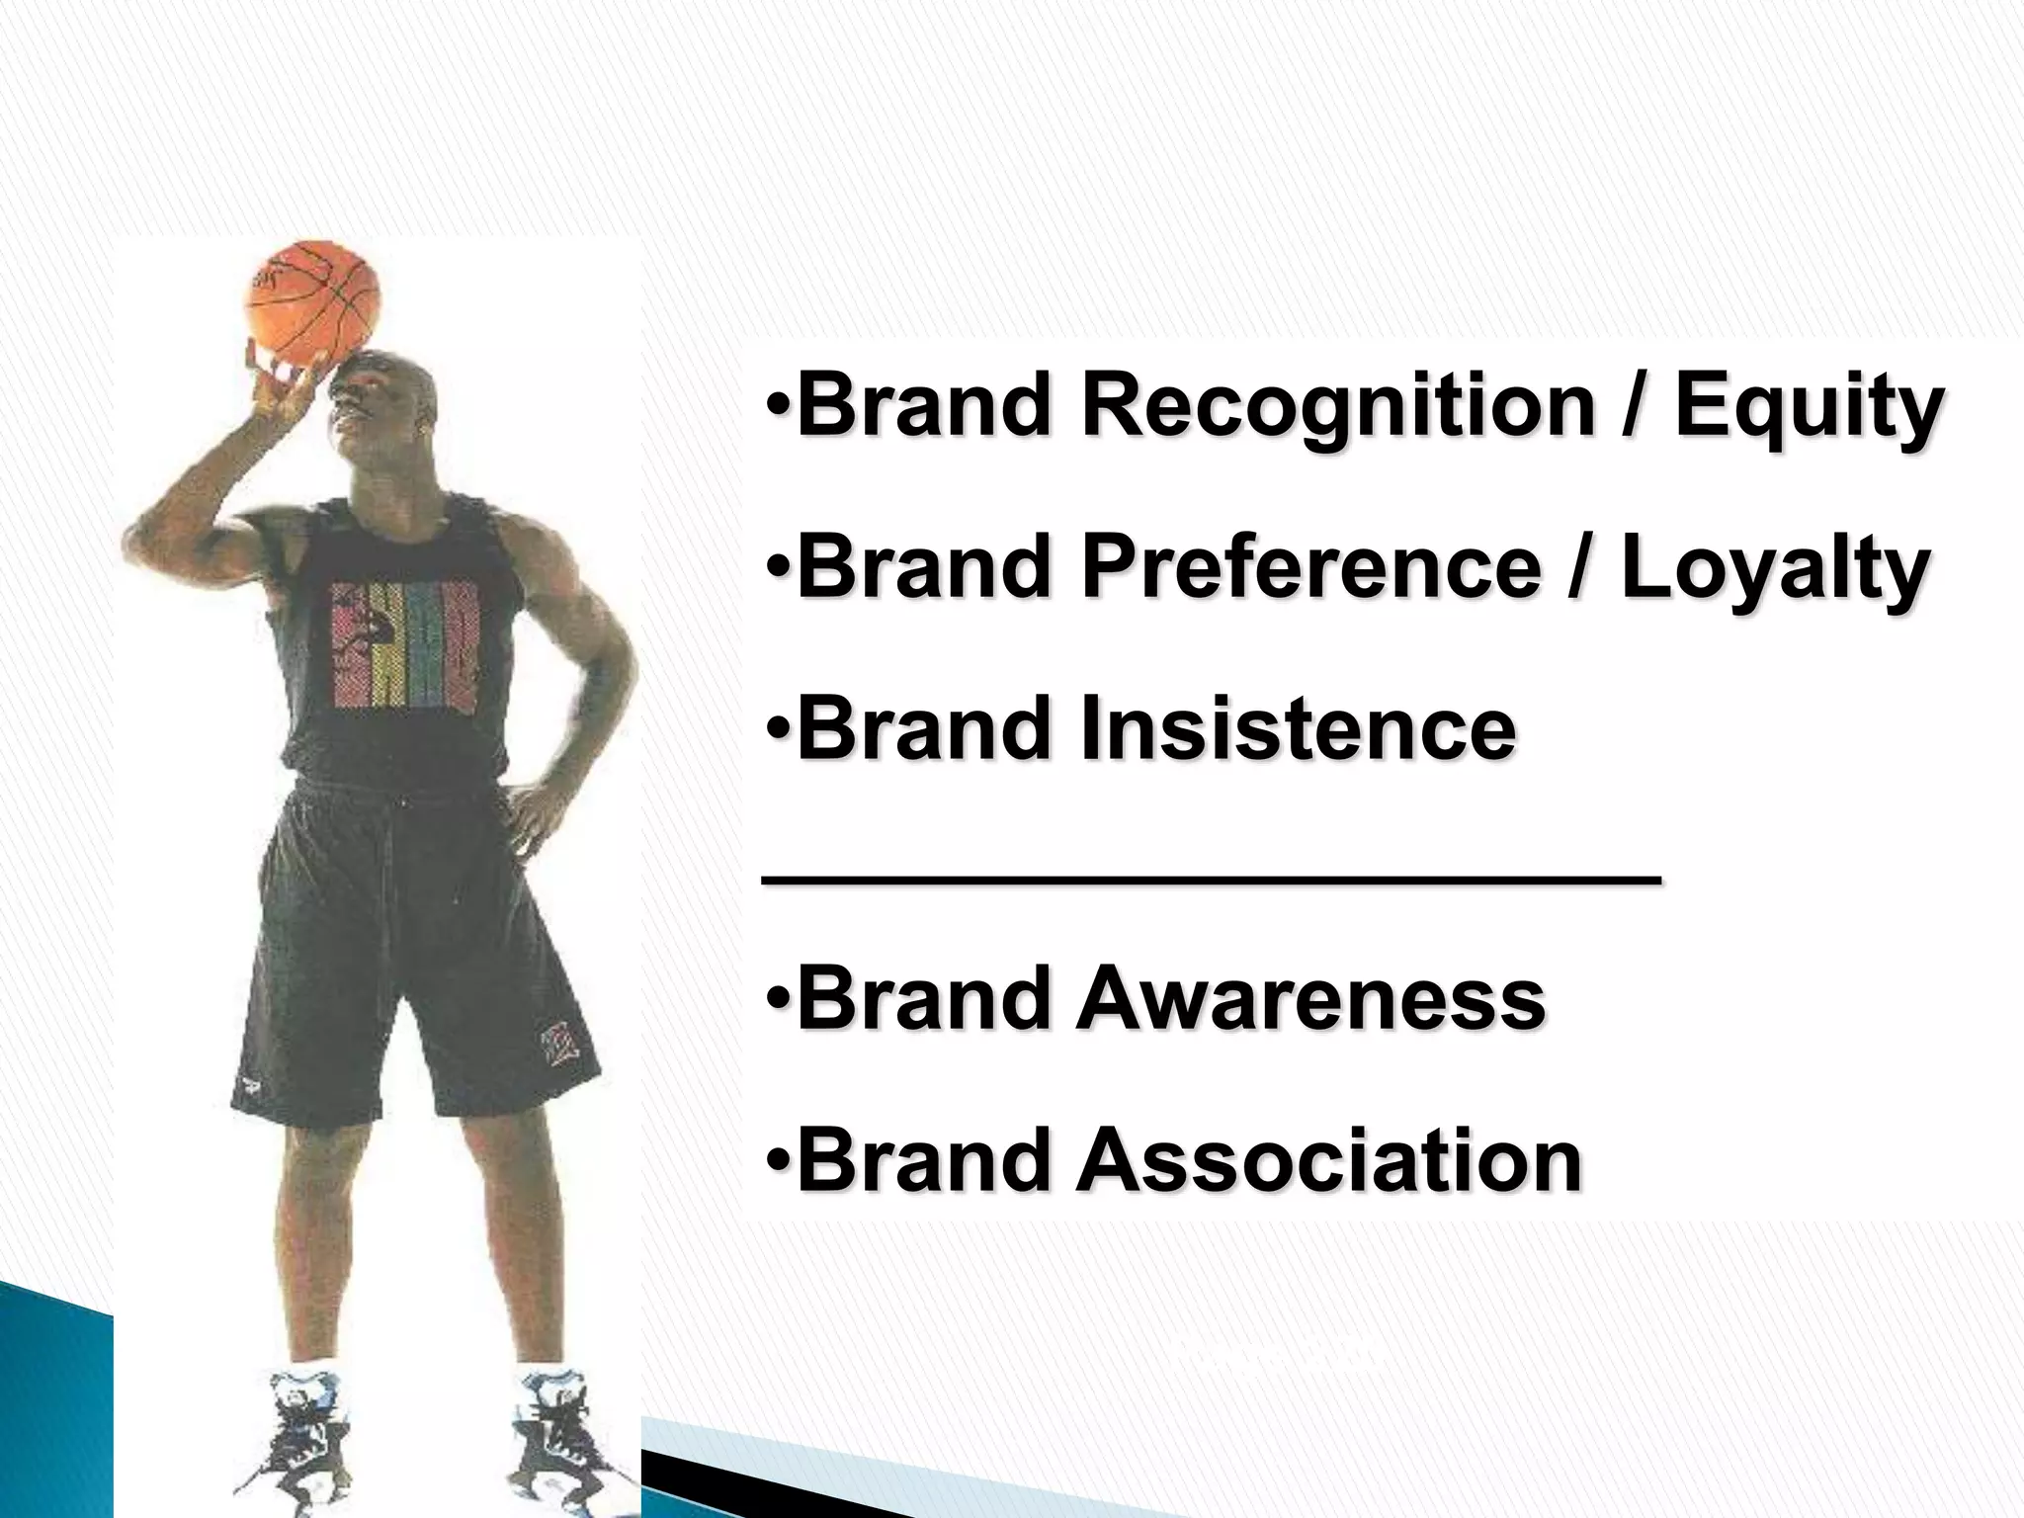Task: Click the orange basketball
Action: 313,303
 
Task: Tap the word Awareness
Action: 1310,998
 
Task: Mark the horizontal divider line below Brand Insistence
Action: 1212,882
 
